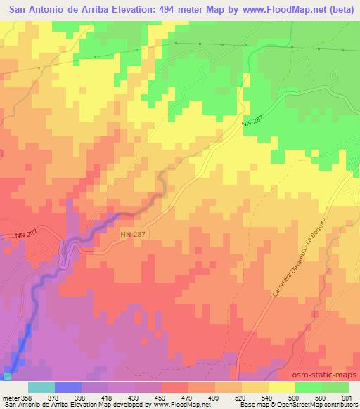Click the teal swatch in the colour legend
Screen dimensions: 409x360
click(x=41, y=387)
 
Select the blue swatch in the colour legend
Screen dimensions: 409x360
click(x=68, y=387)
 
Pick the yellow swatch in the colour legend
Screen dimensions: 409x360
click(x=282, y=387)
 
